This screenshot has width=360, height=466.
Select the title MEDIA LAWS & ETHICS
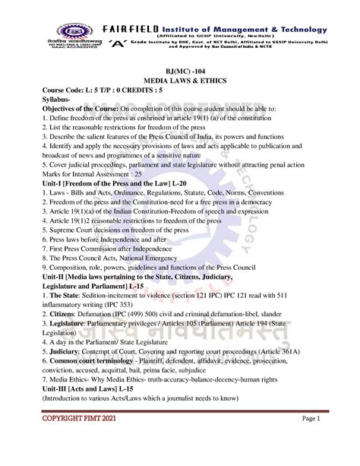(179, 80)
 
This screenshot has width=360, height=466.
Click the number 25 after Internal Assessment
(144, 173)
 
